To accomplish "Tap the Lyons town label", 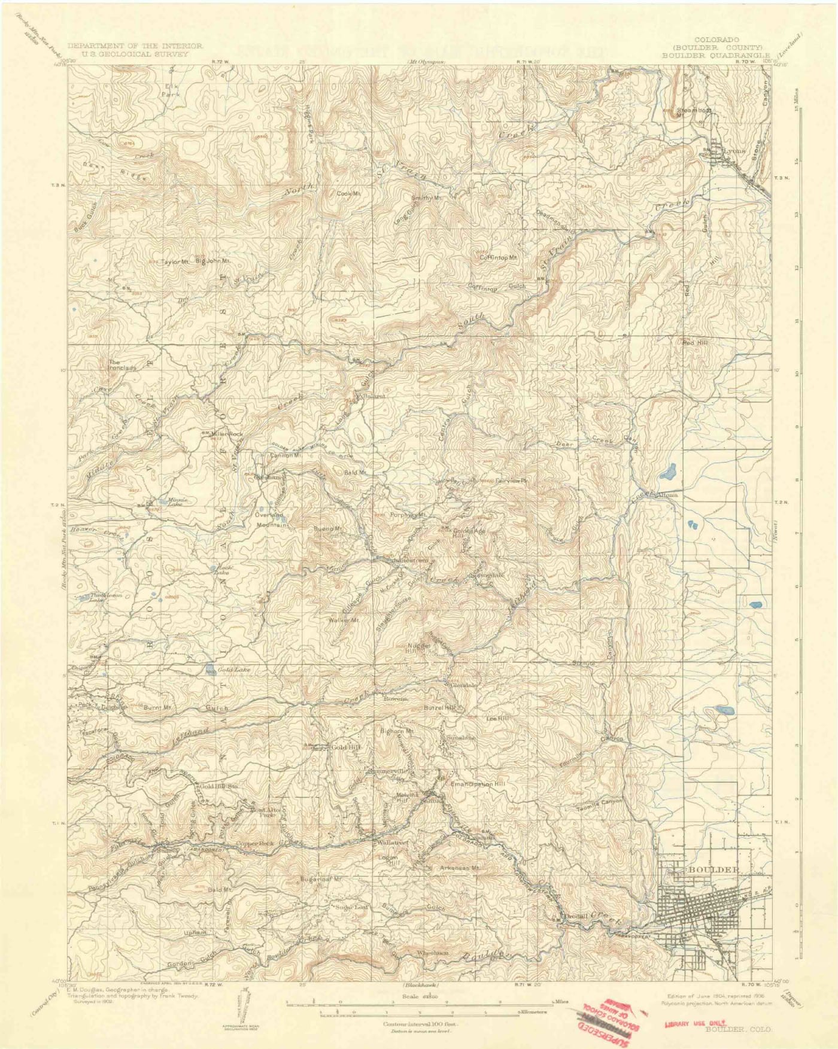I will tap(734, 151).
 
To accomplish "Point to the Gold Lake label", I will tap(233, 670).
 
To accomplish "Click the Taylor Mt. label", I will tap(176, 262).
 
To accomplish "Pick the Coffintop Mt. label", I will tap(498, 257).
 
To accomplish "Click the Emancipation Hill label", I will tap(478, 783).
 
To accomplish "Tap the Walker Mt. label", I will tap(343, 620).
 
